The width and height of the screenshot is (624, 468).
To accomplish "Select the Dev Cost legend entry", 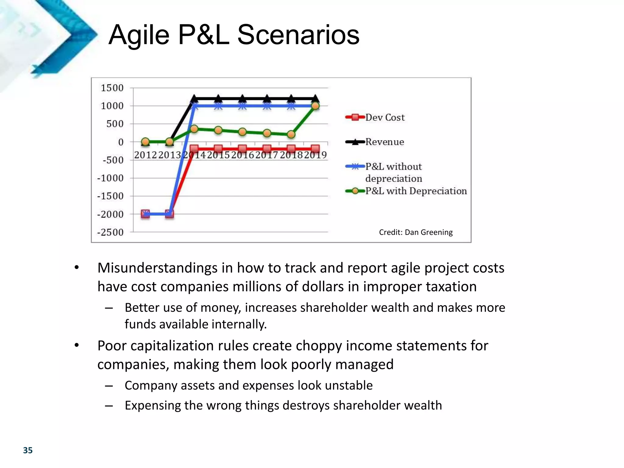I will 385,117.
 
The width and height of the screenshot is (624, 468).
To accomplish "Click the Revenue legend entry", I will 384,142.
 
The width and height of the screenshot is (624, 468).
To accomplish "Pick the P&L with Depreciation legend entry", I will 416,191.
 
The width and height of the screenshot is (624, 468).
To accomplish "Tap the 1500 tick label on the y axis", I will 112,88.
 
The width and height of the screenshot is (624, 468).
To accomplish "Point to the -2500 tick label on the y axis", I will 110,232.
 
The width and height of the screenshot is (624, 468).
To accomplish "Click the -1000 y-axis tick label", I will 110,178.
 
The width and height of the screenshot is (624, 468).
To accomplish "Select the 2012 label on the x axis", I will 145,155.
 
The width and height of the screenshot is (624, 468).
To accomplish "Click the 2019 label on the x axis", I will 315,155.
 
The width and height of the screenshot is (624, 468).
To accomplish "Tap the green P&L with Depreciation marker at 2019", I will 315,106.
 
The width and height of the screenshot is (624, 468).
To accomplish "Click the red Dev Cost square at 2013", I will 169,214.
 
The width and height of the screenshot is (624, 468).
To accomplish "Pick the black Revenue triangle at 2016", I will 242,98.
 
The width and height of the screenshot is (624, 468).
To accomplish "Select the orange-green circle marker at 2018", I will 291,134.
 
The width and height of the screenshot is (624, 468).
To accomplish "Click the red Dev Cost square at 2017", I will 267,149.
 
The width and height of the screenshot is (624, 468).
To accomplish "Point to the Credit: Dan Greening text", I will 416,232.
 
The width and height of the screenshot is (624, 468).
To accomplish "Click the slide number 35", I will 28,450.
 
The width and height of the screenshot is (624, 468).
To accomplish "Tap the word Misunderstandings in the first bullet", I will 158,268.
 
